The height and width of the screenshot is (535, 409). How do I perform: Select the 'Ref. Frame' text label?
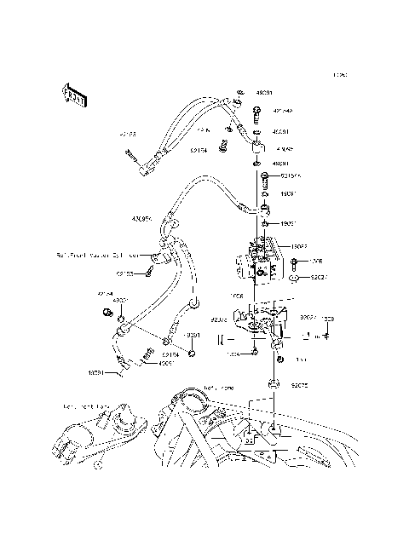click(x=219, y=388)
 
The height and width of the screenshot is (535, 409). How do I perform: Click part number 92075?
click(x=299, y=385)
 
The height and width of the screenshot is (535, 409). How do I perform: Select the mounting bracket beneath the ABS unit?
click(x=256, y=325)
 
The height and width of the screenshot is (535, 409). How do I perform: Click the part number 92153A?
click(x=291, y=176)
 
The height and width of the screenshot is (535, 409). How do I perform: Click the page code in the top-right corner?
click(x=339, y=76)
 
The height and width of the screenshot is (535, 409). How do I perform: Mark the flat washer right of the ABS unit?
click(x=294, y=278)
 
